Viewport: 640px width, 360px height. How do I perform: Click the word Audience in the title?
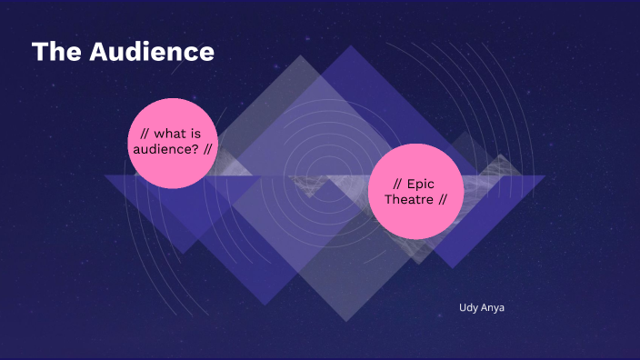[x=152, y=53]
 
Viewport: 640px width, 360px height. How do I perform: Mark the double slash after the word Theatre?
[x=443, y=200]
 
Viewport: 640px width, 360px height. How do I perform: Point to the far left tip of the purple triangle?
[x=104, y=175]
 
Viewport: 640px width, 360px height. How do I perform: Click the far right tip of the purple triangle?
[x=545, y=176]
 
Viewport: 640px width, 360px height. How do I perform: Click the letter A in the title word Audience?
[x=100, y=53]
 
